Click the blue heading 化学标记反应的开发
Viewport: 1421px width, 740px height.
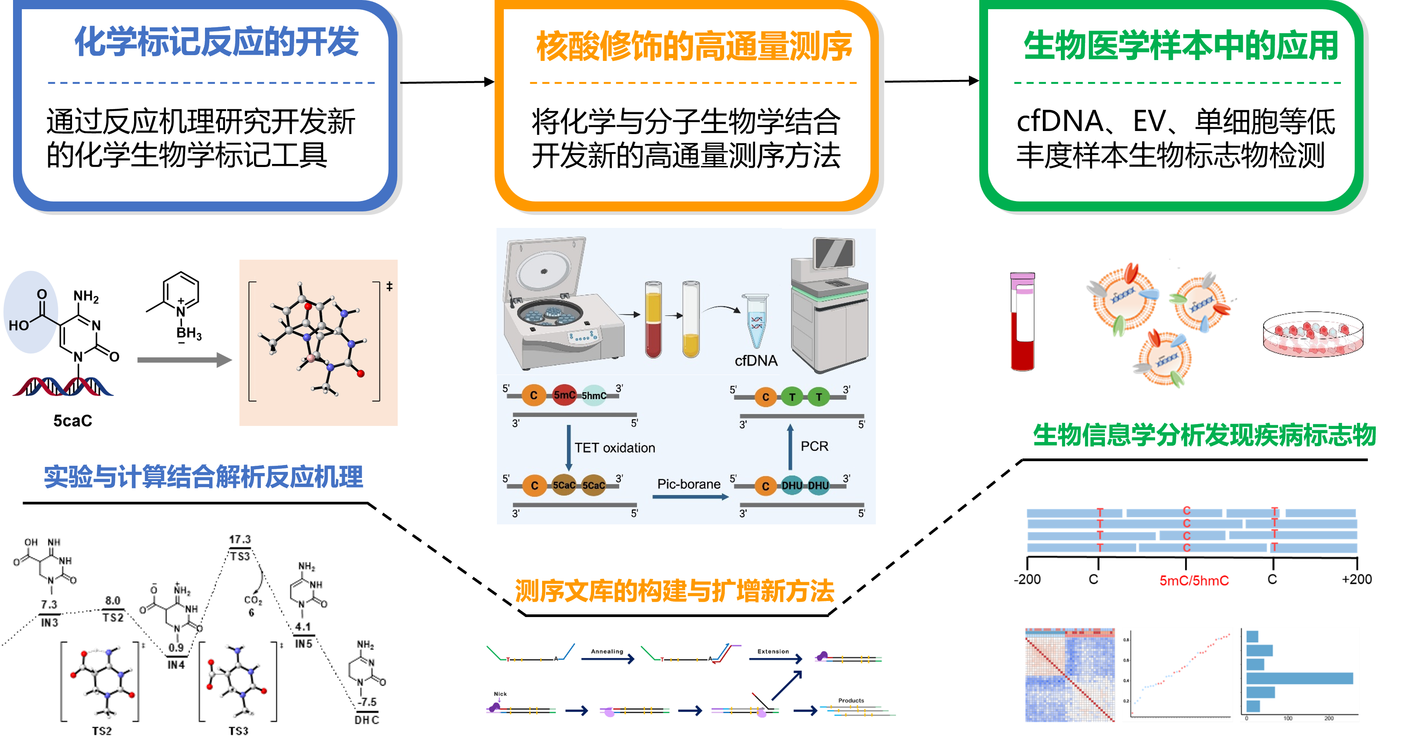point(216,42)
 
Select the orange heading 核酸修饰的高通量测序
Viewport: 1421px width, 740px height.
point(694,46)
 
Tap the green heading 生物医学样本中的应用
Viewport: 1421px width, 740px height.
point(1180,45)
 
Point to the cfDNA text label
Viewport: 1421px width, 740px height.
point(756,361)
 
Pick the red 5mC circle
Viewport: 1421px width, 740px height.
point(564,395)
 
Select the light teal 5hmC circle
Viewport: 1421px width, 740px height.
point(593,395)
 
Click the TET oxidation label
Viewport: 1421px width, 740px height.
point(615,448)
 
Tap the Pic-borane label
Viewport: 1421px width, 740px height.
point(688,484)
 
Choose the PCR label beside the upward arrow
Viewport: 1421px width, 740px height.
point(814,446)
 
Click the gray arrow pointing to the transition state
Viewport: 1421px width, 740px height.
point(184,360)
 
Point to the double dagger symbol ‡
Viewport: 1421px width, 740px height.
point(390,286)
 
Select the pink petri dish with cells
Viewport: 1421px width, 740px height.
point(1313,335)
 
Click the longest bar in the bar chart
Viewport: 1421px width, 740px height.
point(1299,678)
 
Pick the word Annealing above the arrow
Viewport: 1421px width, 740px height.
point(607,651)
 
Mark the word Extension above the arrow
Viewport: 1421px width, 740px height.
point(773,651)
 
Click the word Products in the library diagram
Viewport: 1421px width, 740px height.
point(851,700)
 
